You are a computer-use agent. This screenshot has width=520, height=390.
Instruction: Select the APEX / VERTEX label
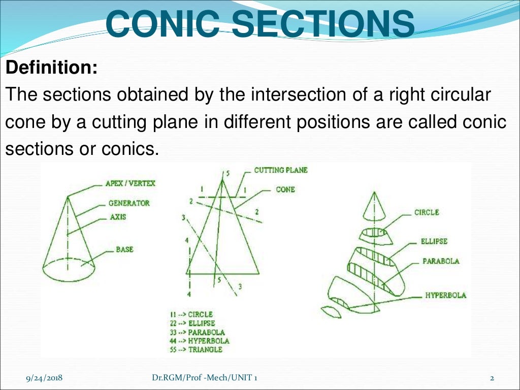(x=130, y=183)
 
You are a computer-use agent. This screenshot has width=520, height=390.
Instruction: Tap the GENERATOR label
(x=129, y=203)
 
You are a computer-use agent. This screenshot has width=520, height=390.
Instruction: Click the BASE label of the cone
(x=124, y=250)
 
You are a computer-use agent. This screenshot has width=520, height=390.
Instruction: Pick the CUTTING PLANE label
(x=280, y=170)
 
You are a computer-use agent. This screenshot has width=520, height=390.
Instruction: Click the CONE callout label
(x=285, y=189)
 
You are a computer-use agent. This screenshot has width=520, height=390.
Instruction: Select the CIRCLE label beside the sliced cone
(x=427, y=212)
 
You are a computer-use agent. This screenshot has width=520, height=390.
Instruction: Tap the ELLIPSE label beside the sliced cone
(x=434, y=242)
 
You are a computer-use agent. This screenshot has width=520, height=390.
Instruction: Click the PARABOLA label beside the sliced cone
(x=441, y=261)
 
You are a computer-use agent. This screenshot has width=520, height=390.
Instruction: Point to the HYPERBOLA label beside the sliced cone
(x=446, y=295)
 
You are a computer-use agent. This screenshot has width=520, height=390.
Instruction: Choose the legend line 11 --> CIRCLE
(x=191, y=315)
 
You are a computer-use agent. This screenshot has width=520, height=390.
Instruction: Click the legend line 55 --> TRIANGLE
(x=198, y=349)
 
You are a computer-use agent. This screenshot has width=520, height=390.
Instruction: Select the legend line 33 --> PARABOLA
(x=199, y=332)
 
